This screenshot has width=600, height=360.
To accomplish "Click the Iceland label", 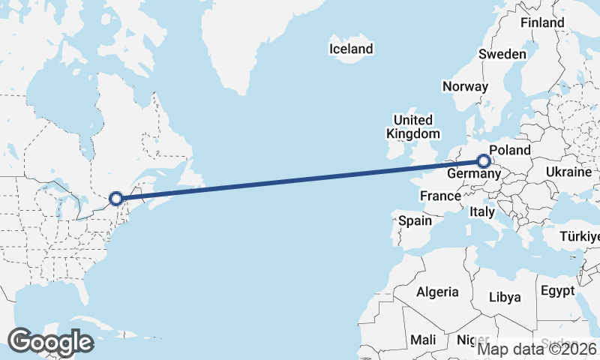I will [351, 49].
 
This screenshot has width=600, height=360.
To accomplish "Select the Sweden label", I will [502, 55].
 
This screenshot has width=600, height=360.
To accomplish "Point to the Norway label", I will [465, 86].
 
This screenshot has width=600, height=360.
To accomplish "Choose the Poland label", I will [510, 151].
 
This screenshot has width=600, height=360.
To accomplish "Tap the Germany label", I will [473, 175].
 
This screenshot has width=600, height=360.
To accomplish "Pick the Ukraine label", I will [568, 172].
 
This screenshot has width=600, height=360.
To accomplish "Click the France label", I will [440, 196].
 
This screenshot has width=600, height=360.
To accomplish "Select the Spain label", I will [415, 221].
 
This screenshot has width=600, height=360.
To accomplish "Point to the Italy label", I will [482, 212].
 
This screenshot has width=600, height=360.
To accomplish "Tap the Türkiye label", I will [580, 238].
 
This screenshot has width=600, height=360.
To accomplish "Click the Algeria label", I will [437, 292].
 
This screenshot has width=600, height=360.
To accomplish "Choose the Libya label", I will [505, 297].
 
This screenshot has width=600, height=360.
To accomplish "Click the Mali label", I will [424, 340].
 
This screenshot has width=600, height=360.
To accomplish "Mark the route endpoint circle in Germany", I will [484, 161].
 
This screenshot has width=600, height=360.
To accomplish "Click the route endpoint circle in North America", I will [116, 199].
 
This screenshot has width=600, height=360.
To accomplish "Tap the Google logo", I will [51, 342].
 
